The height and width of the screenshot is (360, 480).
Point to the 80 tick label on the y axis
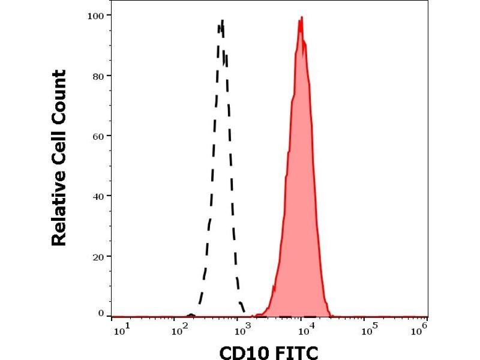97,76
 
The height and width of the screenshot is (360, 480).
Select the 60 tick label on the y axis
97,136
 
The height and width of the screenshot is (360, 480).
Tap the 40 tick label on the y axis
97,196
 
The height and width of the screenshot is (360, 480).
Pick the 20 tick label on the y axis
97,256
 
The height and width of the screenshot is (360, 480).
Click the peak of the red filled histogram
301,17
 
